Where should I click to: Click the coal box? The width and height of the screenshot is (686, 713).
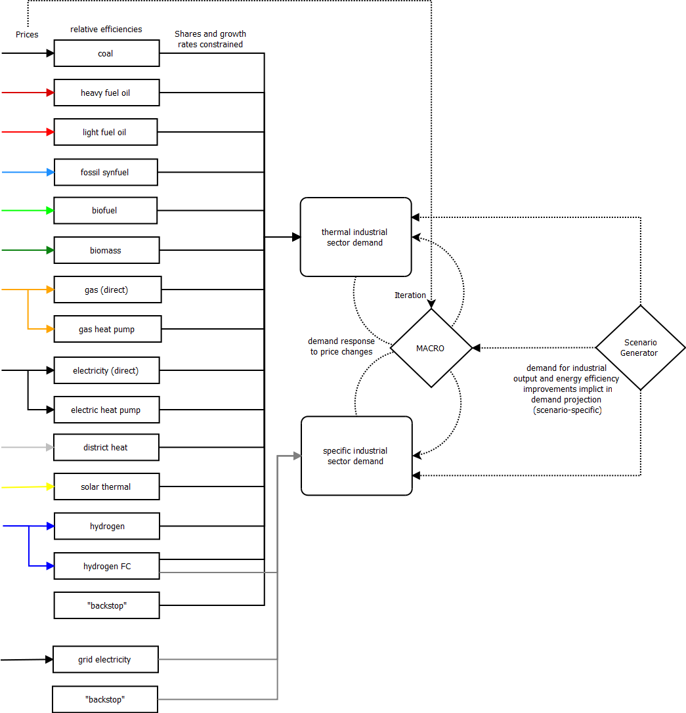click(x=106, y=53)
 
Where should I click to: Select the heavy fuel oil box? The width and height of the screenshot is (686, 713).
click(x=106, y=93)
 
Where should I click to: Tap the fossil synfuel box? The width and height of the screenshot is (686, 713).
click(x=106, y=172)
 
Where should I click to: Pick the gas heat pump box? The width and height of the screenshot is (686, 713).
click(x=107, y=329)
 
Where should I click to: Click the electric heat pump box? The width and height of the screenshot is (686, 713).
click(x=106, y=410)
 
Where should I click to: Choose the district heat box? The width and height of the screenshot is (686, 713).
click(x=106, y=447)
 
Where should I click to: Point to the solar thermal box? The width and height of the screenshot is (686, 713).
click(x=106, y=486)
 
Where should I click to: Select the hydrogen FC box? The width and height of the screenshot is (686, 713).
click(x=106, y=566)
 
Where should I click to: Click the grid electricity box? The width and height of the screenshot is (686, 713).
click(x=105, y=659)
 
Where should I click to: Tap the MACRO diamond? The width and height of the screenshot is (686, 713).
click(x=431, y=348)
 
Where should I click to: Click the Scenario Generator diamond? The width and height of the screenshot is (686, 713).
click(x=640, y=348)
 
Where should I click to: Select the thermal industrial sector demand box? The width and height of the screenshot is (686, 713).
click(x=356, y=237)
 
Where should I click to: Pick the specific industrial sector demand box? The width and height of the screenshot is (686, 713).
click(x=356, y=456)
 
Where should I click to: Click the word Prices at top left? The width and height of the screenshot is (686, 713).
click(x=27, y=34)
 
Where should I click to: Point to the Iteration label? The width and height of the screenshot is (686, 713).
click(x=410, y=295)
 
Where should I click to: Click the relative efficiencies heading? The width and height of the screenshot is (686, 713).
click(x=106, y=30)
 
